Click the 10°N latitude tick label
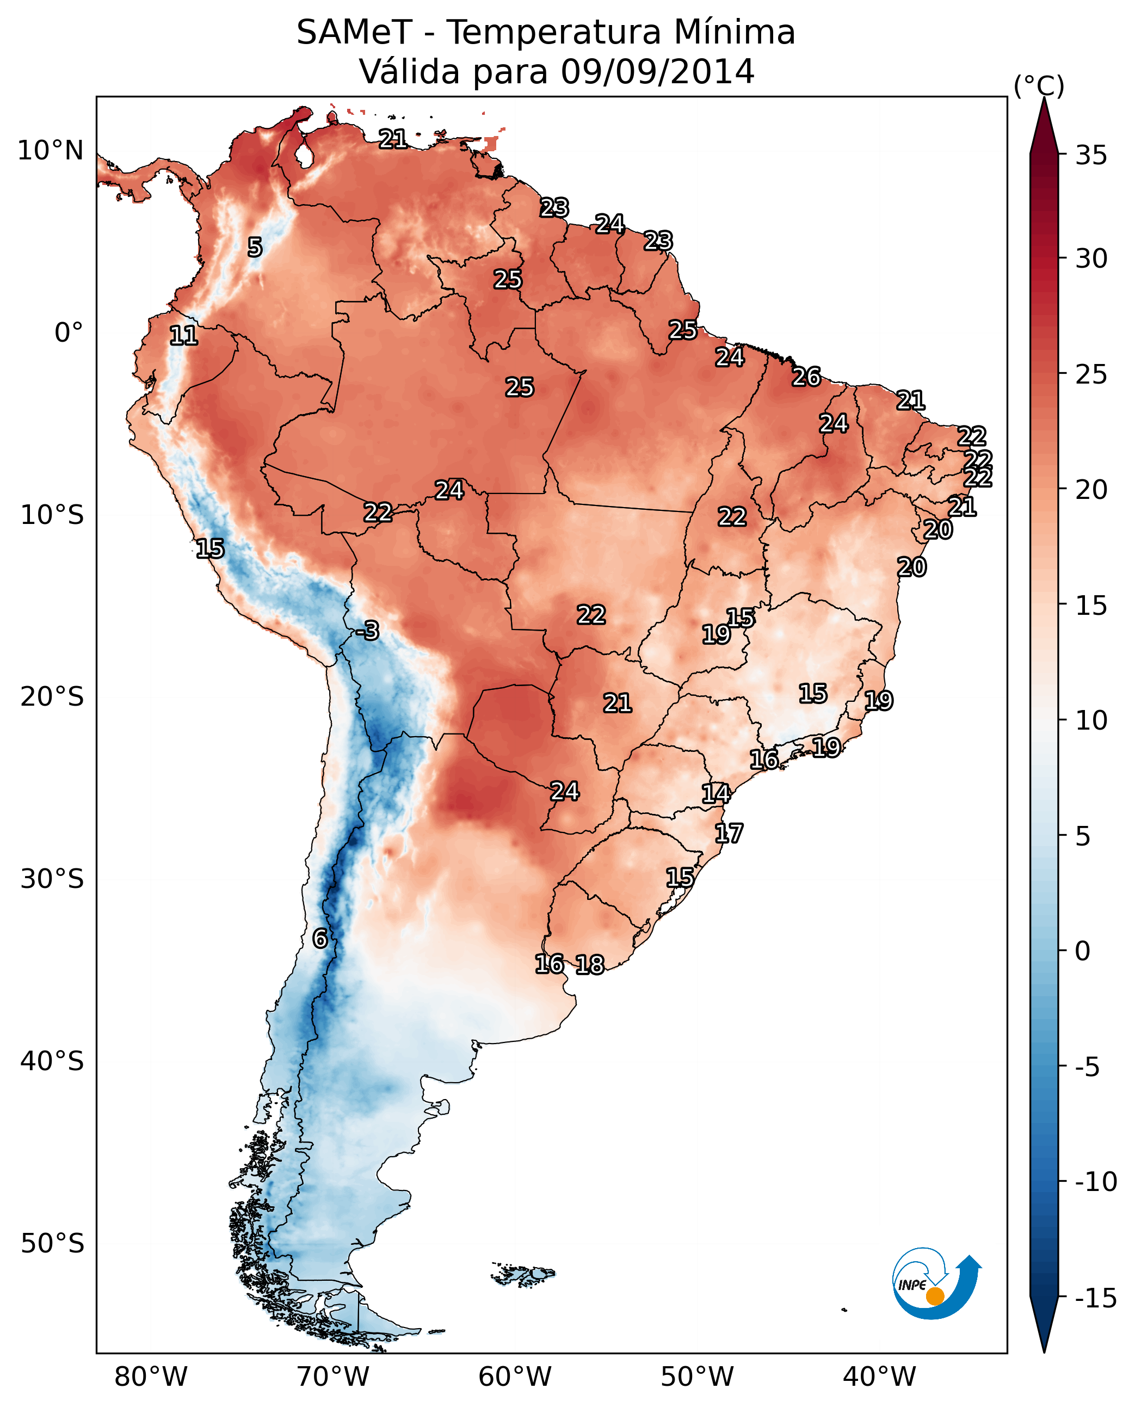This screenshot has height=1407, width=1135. click(51, 151)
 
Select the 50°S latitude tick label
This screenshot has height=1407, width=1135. click(52, 1243)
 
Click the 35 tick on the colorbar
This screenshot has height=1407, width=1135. click(1091, 156)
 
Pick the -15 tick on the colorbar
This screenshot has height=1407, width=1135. click(1096, 1298)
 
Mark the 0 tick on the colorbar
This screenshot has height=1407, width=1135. click(1083, 951)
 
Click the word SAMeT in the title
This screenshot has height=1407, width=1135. click(354, 33)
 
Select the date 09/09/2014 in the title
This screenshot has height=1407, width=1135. click(657, 72)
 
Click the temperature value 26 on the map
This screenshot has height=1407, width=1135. click(806, 377)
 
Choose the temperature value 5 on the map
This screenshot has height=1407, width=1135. click(255, 247)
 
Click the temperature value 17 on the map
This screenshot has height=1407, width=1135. click(729, 833)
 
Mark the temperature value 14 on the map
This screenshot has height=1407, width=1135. click(715, 793)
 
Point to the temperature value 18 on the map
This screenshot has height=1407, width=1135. click(590, 964)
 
